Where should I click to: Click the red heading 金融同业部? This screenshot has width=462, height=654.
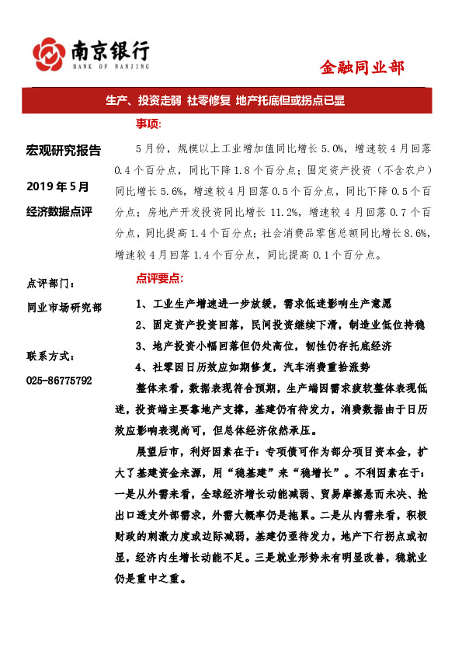click(x=362, y=68)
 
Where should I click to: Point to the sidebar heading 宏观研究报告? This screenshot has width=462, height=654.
click(x=64, y=150)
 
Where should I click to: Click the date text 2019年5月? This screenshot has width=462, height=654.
click(x=58, y=186)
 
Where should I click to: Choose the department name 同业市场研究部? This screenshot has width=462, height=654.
click(x=64, y=308)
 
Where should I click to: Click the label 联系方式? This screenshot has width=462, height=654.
click(x=51, y=357)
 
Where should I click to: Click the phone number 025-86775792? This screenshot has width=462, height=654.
click(x=59, y=381)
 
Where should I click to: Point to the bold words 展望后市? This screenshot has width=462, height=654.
click(x=159, y=450)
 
